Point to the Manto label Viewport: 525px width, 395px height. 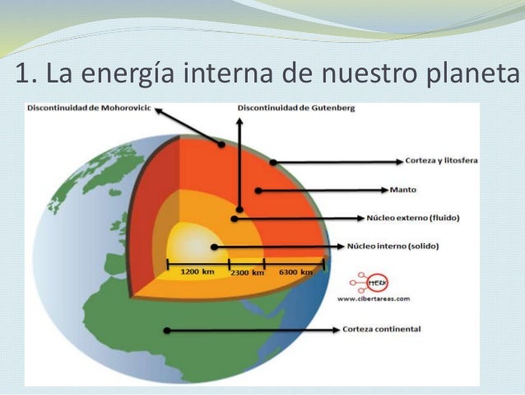(404, 190)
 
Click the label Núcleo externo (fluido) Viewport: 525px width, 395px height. (411, 219)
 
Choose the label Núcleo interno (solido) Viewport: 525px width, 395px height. (394, 246)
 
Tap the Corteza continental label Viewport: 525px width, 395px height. (382, 329)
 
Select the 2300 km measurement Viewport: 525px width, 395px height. (247, 272)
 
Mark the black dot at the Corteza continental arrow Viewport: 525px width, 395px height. (166, 330)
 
